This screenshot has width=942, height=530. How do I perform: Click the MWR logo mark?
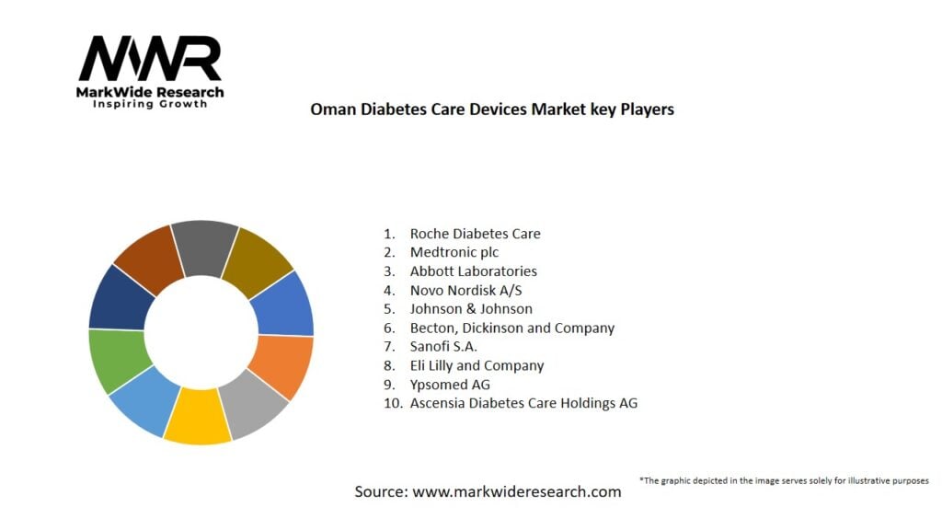(150, 60)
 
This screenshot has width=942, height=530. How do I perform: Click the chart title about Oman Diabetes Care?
(492, 109)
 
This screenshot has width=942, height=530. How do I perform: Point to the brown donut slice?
(147, 257)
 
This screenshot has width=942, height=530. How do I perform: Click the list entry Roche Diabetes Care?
(475, 234)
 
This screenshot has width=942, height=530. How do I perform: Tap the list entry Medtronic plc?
(454, 252)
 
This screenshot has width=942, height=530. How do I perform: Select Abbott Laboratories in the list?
(473, 271)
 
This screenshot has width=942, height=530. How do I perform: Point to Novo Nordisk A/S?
(465, 290)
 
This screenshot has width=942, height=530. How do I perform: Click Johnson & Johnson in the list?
(471, 309)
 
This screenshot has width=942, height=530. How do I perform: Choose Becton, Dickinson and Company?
(511, 328)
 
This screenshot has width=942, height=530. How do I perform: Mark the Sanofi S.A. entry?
(443, 347)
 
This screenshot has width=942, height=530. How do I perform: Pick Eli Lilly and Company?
(477, 365)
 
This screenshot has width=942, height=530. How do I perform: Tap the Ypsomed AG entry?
(450, 385)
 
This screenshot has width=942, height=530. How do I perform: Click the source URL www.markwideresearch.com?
(517, 492)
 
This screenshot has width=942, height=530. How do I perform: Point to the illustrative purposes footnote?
(784, 480)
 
